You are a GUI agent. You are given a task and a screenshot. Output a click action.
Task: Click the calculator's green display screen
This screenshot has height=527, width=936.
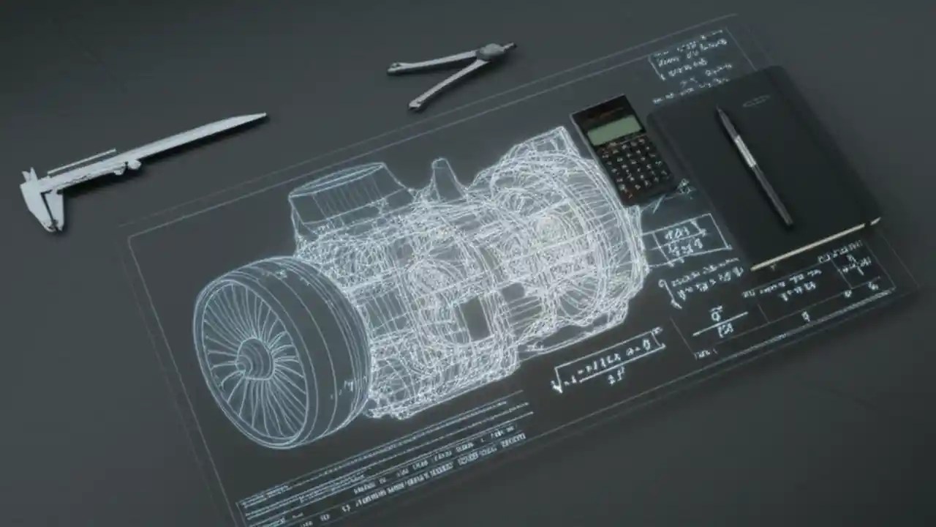tap(614, 130)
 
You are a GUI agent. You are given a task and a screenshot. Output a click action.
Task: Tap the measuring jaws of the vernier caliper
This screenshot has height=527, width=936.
tap(40, 198)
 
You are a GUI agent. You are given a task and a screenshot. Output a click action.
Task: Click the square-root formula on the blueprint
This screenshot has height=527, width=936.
tap(607, 363)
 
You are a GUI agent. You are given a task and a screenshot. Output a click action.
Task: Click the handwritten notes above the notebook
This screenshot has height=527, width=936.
tap(691, 66)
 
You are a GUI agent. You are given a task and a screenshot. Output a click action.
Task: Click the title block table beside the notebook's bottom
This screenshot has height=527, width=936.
tap(819, 289)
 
